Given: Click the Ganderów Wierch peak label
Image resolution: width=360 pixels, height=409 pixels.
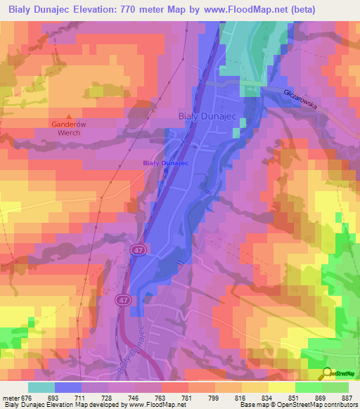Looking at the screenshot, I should point(70,128).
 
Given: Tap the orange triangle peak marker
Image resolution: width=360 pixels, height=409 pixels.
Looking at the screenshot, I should point(69,116).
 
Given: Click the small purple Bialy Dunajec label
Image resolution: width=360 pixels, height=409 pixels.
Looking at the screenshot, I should point(166,163).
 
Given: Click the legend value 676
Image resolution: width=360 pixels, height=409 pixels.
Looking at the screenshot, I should point(27,398).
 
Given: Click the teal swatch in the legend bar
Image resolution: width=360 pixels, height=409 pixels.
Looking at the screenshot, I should point(41,387).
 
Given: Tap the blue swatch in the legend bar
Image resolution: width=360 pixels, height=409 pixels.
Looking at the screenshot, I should point(67,387).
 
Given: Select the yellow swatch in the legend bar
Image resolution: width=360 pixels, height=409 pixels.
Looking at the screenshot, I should point(281,387).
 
